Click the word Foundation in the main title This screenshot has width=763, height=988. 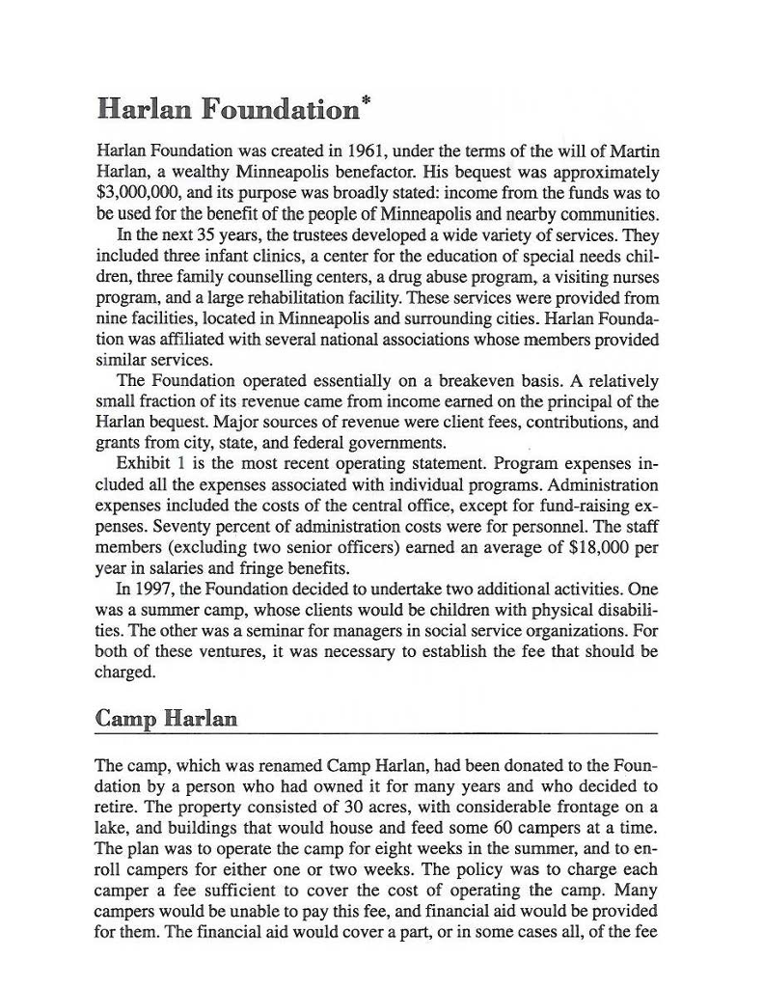tap(280, 109)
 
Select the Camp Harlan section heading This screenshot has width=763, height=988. tap(166, 720)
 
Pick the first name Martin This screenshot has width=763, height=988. tap(634, 152)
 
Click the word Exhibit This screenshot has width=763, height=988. tap(145, 464)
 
